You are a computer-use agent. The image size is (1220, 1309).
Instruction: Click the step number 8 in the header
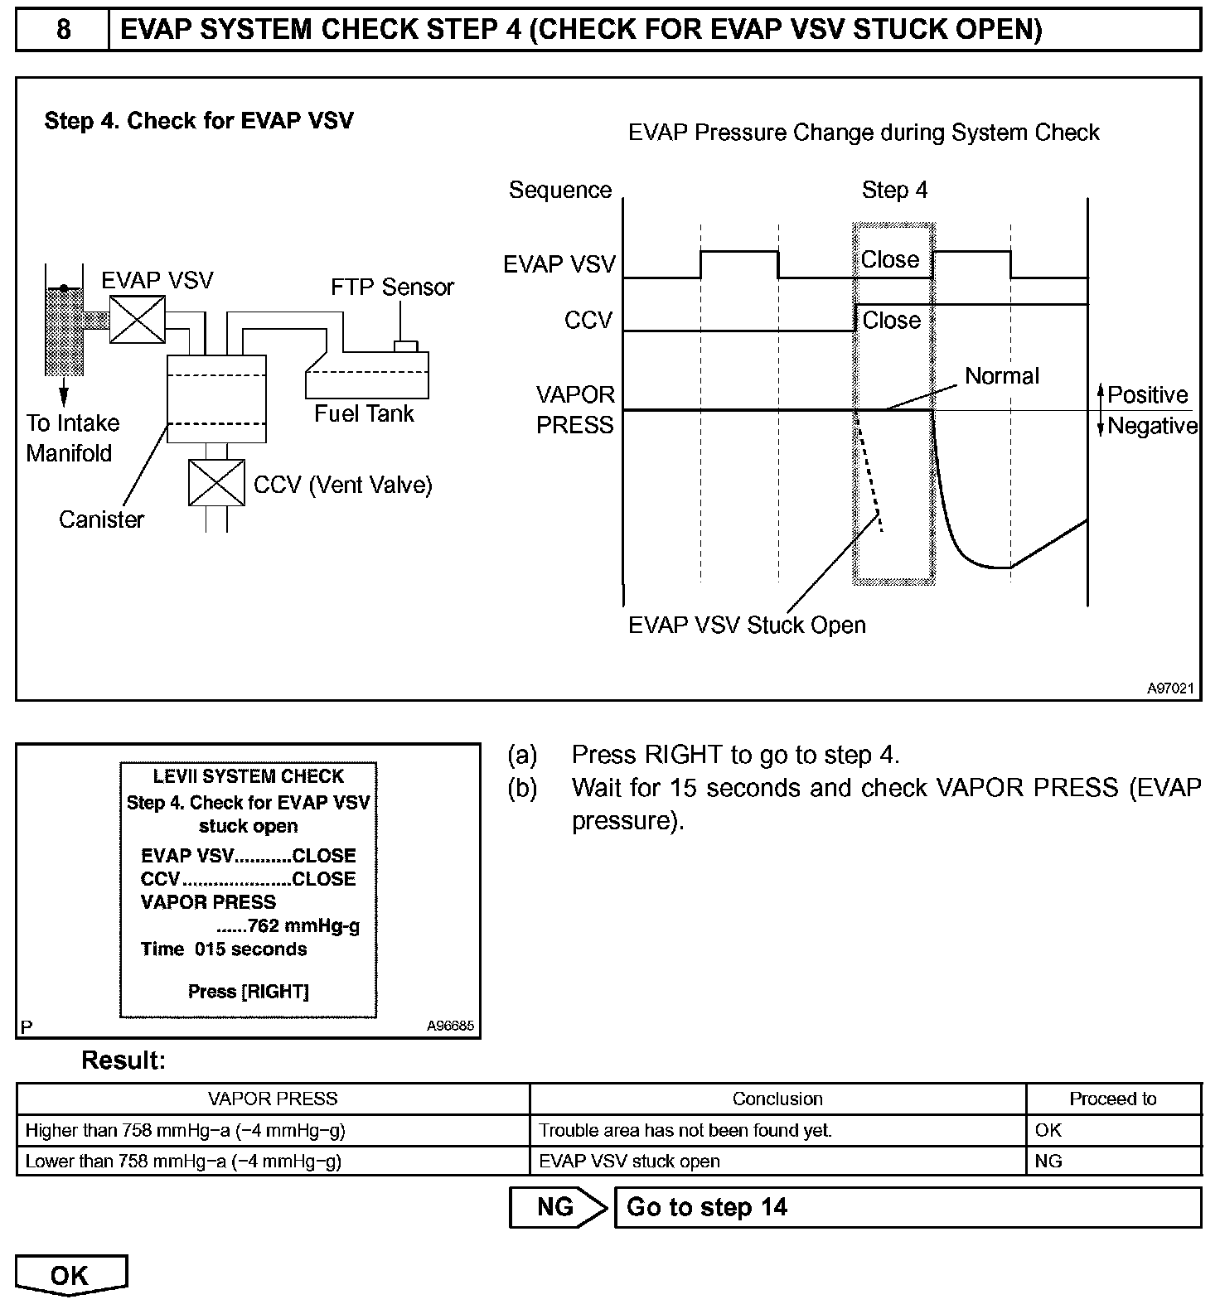point(63,30)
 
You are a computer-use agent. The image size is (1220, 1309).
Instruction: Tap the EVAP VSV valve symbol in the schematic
point(138,320)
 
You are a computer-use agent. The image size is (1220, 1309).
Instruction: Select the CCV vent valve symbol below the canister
point(216,482)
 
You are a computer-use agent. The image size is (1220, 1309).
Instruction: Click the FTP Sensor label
point(392,287)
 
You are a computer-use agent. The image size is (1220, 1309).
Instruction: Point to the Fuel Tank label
point(364,413)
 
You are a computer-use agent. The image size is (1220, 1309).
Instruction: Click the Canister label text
point(101,519)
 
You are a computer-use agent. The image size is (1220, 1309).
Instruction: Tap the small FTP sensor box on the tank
point(405,345)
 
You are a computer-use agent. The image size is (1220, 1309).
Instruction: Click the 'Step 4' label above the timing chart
point(894,191)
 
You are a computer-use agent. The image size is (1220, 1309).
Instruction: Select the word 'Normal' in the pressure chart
point(1001,376)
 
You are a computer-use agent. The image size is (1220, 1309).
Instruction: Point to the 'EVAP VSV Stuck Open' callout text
point(747,625)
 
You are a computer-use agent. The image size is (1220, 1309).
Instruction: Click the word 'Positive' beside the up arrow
point(1147,395)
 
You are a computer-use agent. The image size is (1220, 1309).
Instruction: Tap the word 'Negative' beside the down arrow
point(1152,426)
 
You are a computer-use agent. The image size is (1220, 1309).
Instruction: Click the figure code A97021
point(1170,688)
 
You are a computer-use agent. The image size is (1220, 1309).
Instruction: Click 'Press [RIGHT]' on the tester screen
point(249,992)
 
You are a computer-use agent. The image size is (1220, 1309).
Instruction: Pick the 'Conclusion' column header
point(777,1099)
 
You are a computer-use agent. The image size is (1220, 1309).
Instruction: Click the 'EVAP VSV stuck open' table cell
point(629,1162)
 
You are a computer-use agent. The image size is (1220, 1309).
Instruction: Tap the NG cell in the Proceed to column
point(1048,1162)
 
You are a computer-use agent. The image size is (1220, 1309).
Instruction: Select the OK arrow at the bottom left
point(70,1275)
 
